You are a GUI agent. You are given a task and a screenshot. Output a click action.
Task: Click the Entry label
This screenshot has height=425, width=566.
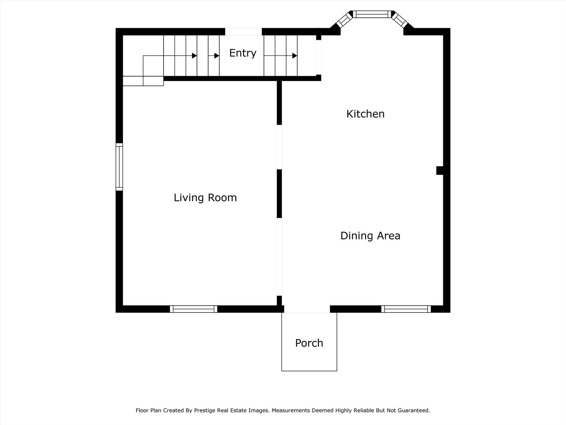click(x=243, y=53)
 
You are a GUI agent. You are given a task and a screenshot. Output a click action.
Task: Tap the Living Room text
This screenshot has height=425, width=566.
click(x=205, y=198)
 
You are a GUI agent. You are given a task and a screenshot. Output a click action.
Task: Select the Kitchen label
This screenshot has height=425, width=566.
click(x=365, y=114)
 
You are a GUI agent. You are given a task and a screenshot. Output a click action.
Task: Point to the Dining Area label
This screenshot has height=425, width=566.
click(x=370, y=236)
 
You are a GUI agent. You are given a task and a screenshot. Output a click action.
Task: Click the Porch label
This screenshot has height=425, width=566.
click(x=309, y=343)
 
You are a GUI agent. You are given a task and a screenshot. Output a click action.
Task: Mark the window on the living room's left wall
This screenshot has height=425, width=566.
click(x=119, y=167)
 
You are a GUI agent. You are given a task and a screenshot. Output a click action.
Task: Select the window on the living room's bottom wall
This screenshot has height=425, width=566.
click(x=193, y=309)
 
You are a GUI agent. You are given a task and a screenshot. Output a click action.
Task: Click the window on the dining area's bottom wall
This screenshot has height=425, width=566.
click(x=406, y=309)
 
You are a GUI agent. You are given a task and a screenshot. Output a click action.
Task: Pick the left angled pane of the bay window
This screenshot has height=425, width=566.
click(x=344, y=20)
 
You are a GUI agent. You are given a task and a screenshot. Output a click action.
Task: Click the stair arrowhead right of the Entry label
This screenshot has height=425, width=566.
click(x=294, y=56)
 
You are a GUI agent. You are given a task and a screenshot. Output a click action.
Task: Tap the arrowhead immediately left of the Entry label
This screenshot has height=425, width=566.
click(x=217, y=56)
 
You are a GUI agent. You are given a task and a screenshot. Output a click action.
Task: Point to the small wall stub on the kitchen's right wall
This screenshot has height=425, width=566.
click(x=440, y=170)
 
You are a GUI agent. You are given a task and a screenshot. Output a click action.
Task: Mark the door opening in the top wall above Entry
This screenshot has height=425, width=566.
click(x=243, y=32)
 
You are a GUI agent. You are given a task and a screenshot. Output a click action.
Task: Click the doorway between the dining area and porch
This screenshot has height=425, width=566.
click(x=307, y=309)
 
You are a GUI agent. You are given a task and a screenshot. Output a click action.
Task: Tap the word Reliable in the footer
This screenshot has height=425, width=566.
click(x=364, y=410)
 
